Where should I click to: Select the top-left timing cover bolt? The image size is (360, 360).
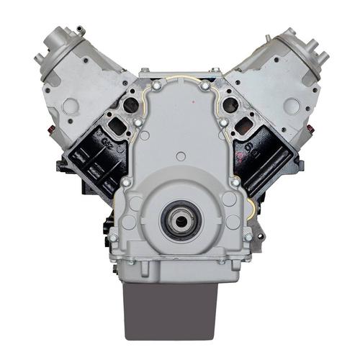pos(156,86)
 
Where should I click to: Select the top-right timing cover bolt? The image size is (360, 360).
pos(204,86)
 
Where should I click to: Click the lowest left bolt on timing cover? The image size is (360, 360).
pos(113,237)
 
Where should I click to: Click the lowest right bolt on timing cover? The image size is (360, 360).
pos(248,237)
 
